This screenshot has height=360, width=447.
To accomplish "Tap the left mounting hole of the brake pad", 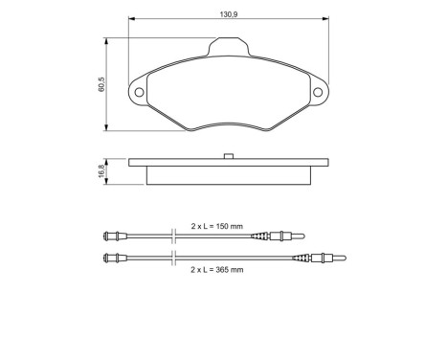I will pos(139,93).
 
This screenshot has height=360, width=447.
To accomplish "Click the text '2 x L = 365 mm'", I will pos(217,269).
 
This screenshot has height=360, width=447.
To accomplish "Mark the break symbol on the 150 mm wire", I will pos(171,236).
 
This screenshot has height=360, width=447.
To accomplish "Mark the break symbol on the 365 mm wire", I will pos(171,256).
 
